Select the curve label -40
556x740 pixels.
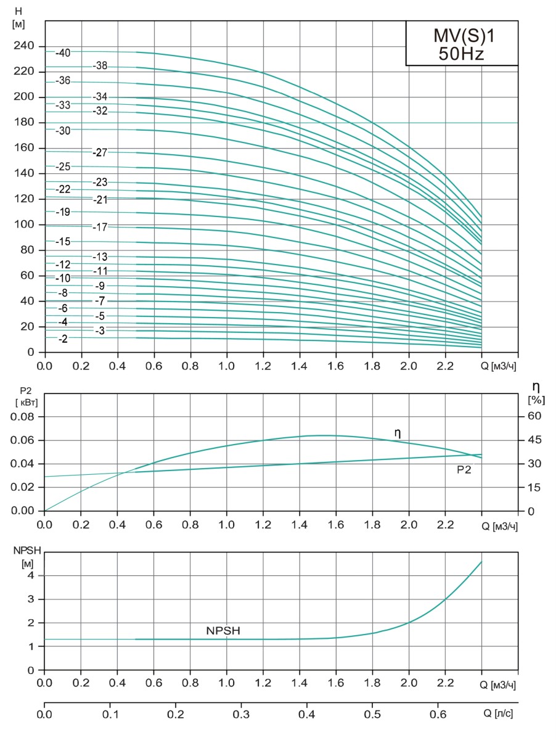click(x=63, y=52)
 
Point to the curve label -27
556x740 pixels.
click(x=99, y=152)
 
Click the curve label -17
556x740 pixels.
click(x=99, y=227)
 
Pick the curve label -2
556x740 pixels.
click(x=62, y=339)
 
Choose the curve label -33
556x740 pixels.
click(x=62, y=105)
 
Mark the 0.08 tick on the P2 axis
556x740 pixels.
click(x=23, y=416)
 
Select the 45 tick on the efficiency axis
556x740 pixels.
click(x=534, y=440)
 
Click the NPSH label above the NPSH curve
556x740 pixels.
click(x=223, y=631)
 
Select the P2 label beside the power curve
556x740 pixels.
click(x=465, y=470)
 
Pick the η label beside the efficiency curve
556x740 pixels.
click(x=398, y=434)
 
